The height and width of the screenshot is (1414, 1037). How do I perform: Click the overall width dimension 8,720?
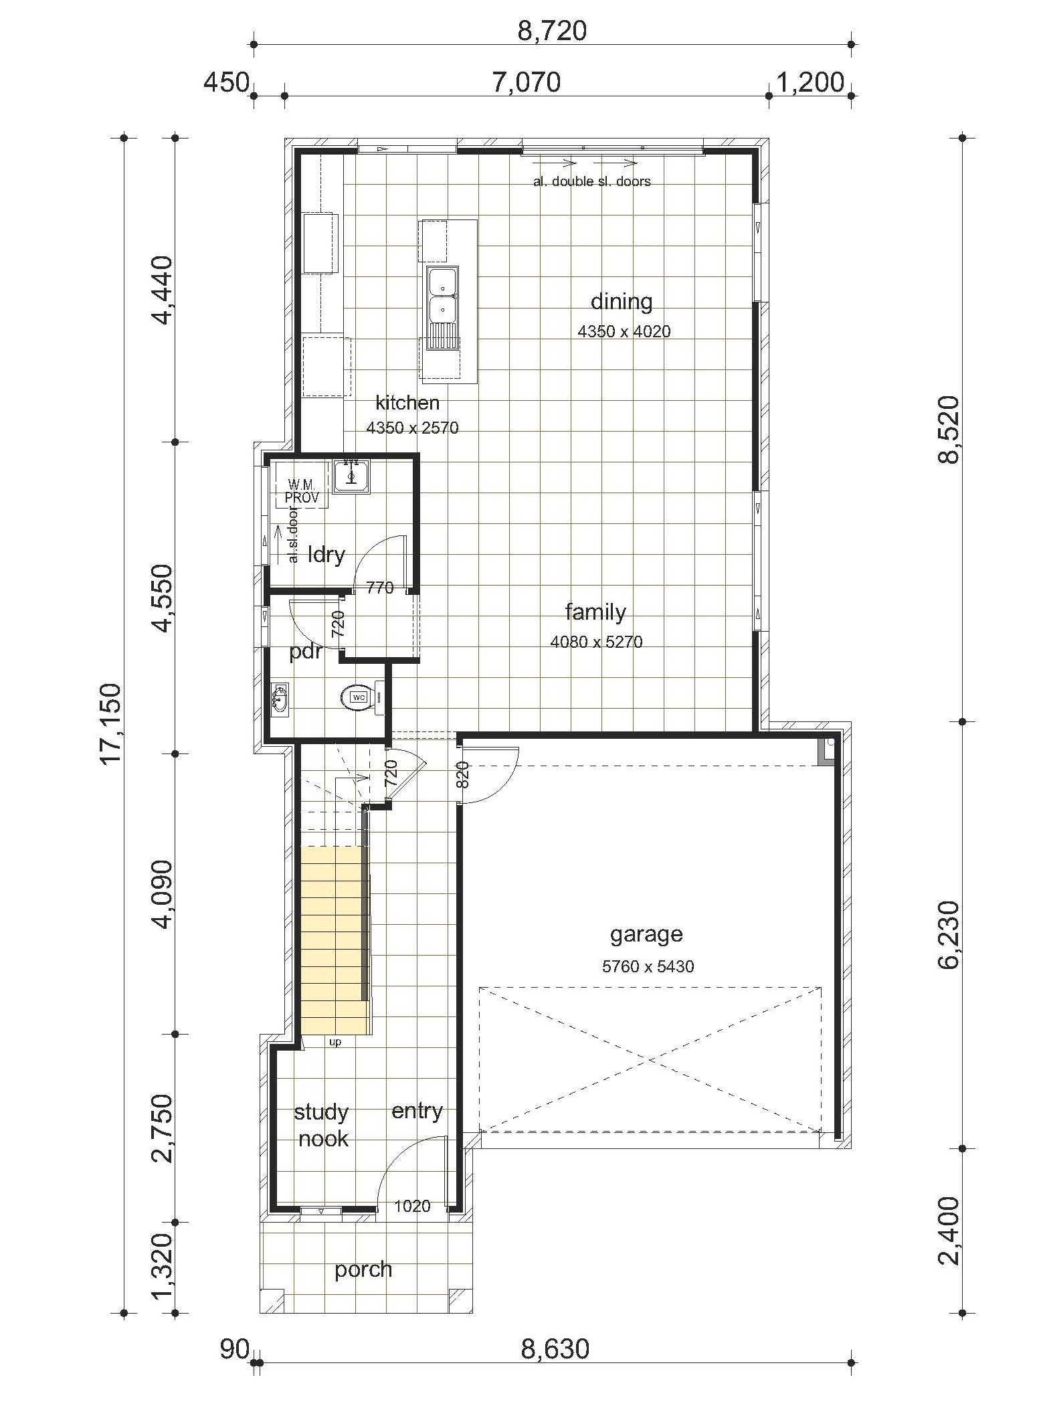pos(552,30)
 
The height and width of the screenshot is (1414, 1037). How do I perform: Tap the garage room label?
pos(646,934)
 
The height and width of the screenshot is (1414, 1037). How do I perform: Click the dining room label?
pos(622,302)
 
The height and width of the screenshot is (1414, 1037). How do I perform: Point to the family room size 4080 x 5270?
pos(596,642)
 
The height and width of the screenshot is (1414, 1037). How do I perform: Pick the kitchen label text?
pos(407,402)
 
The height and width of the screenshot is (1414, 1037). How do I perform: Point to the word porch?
pos(363,1269)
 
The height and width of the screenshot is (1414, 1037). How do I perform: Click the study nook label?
pos(322,1125)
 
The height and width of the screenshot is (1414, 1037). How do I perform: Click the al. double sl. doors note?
pos(591,181)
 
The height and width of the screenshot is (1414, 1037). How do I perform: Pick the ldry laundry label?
pos(326,554)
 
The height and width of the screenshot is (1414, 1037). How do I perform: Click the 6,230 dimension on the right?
pos(948,935)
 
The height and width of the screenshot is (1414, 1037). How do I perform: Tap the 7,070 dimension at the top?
pos(527,82)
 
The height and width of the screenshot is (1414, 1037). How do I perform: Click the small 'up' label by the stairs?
pos(335,1042)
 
